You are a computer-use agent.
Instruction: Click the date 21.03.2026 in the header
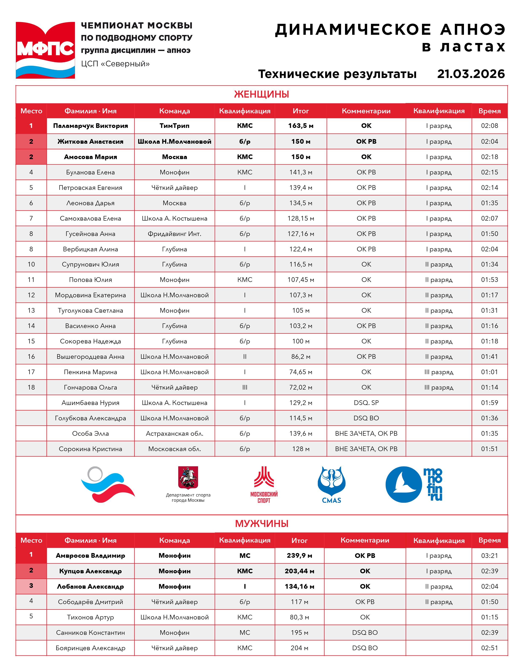click(471, 74)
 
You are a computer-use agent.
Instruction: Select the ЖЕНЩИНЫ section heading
click(261, 94)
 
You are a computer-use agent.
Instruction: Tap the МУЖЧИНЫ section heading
click(261, 523)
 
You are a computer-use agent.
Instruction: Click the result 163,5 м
click(301, 126)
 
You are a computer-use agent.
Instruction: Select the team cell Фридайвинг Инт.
click(174, 234)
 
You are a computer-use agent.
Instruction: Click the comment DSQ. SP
click(366, 403)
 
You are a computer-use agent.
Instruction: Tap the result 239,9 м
click(299, 556)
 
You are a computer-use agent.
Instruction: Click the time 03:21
click(489, 556)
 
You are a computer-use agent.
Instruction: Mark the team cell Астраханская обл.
click(174, 433)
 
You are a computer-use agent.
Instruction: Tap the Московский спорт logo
click(264, 485)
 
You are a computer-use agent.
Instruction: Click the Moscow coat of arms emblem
click(188, 477)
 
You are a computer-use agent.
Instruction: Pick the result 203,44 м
click(299, 571)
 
